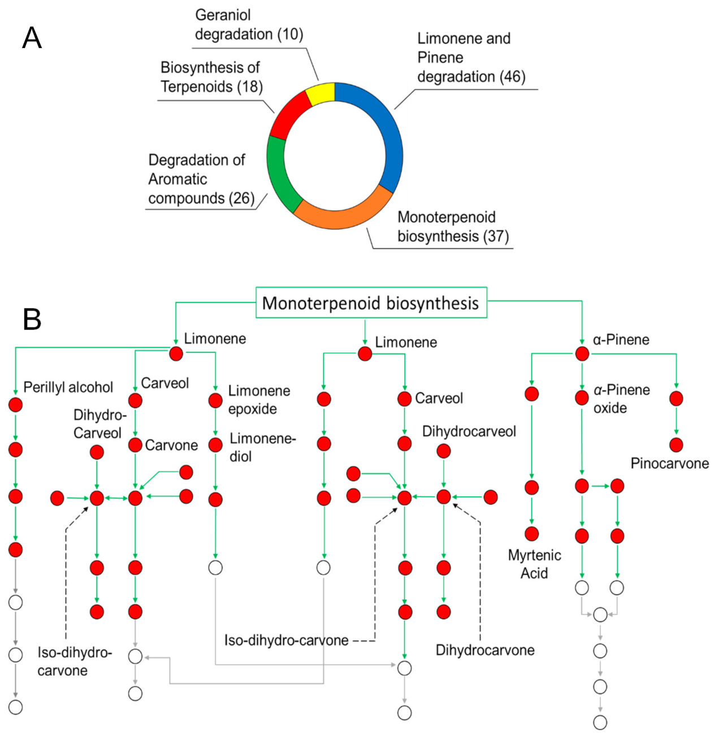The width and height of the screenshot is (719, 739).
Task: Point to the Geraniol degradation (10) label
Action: tap(249, 25)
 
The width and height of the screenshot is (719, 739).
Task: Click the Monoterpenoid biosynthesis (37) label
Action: tap(453, 227)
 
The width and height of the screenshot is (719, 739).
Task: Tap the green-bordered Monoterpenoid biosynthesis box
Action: tap(371, 303)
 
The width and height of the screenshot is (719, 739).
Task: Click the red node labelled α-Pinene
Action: tap(582, 354)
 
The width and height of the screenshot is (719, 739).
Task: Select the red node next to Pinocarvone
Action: tap(676, 445)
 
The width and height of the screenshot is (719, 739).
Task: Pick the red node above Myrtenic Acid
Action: tap(531, 533)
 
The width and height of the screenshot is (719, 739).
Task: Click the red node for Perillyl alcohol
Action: tap(16, 405)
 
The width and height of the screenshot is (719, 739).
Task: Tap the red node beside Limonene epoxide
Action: tap(215, 400)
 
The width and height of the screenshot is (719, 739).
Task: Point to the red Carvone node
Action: tap(135, 445)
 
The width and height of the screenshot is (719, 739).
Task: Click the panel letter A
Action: tap(32, 38)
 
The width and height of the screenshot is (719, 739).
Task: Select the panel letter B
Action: tap(32, 319)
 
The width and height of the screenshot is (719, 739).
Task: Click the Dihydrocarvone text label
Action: tap(484, 650)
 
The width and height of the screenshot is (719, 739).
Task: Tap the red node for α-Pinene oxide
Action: tap(582, 398)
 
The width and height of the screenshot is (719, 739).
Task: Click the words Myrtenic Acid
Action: tap(534, 564)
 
